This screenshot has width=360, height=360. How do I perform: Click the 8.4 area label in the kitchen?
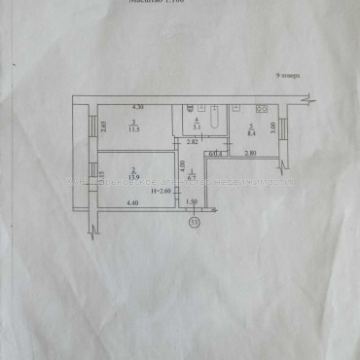tap(249, 126)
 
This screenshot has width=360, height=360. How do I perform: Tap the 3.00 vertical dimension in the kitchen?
tap(273, 126)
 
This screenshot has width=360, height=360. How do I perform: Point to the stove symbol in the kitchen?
tap(260, 105)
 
